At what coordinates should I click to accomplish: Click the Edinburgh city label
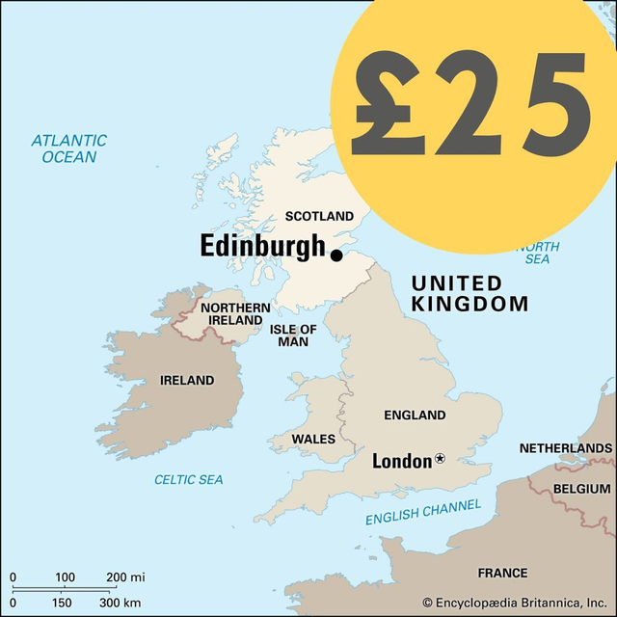pos(262,246)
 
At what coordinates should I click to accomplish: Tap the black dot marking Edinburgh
pos(336,255)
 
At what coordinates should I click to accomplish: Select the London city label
pos(402,461)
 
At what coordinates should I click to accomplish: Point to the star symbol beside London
pos(441,459)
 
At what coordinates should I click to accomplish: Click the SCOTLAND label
pos(319,216)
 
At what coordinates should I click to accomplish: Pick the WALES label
pos(313,439)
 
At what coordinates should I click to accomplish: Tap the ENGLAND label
pos(415,416)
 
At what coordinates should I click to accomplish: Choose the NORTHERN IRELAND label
pos(234,313)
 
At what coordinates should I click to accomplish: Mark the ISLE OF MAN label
pos(293,335)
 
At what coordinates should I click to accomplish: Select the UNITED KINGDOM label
pos(469,293)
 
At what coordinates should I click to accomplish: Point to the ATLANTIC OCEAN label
pos(68,148)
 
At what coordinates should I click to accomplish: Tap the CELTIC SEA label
pos(189,479)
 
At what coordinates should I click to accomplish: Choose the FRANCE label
pos(502,573)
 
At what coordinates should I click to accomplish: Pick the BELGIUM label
pos(582,489)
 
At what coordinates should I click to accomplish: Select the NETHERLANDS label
pos(565,448)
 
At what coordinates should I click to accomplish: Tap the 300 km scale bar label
pos(120,603)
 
